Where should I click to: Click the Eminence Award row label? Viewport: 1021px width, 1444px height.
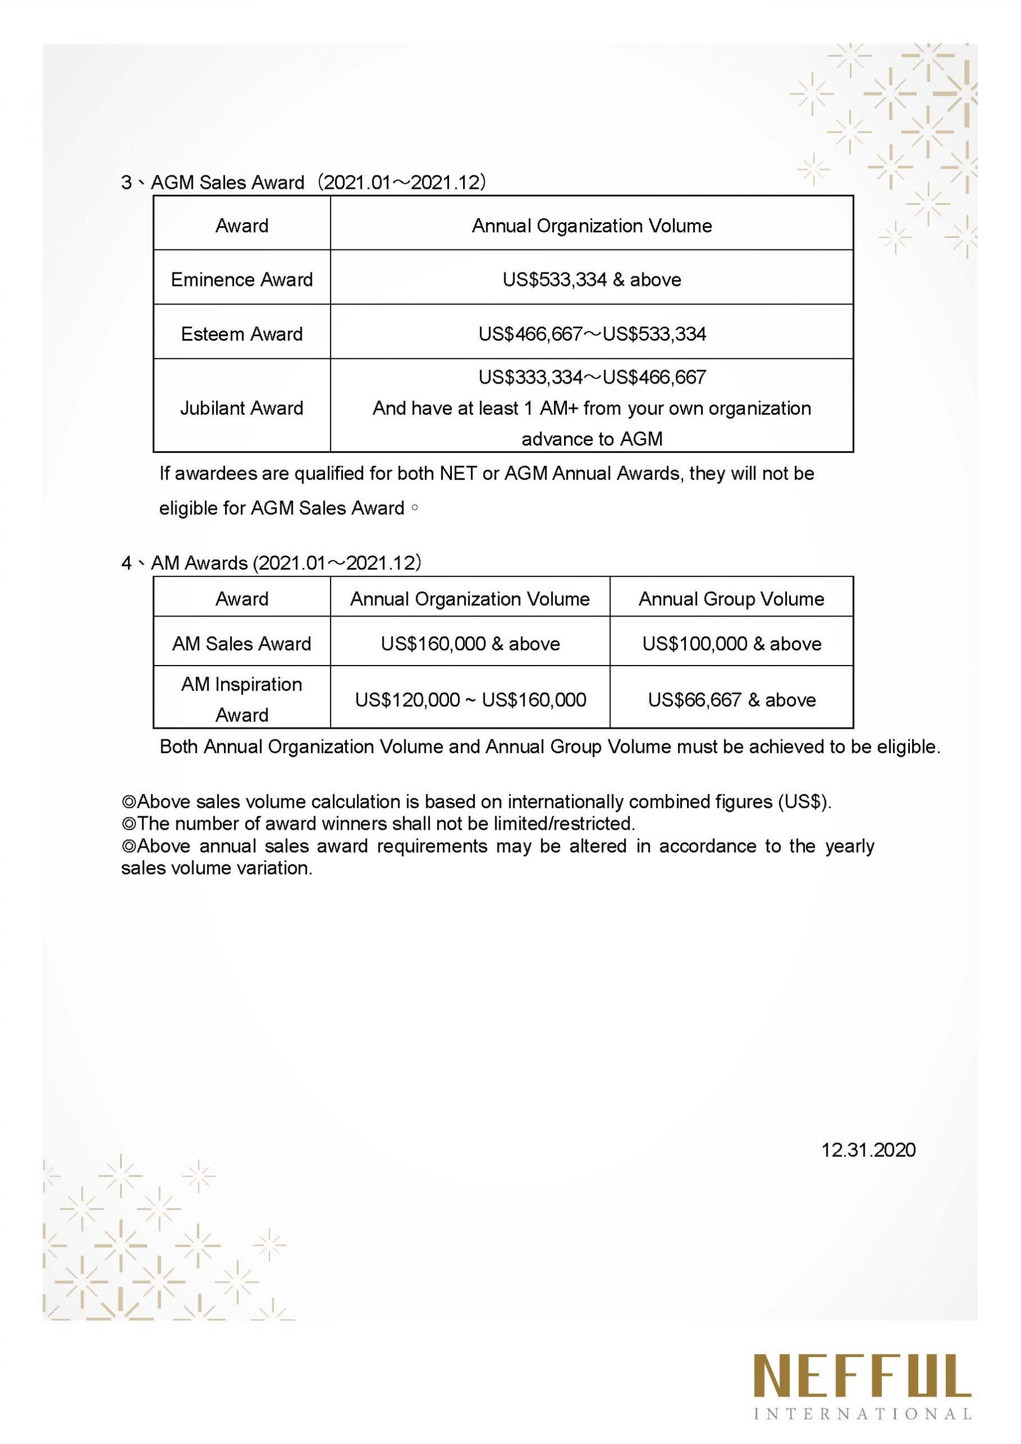coord(241,279)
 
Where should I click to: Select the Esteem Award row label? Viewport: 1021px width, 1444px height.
coord(241,333)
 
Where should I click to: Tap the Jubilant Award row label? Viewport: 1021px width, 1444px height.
coord(241,408)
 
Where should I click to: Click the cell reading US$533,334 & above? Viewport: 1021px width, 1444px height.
coord(591,279)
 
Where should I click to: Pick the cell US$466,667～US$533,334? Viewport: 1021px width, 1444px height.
coord(591,333)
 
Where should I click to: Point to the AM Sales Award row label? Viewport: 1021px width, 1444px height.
coord(241,644)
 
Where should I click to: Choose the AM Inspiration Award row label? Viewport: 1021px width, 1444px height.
coord(241,699)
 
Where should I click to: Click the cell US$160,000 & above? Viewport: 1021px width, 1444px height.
coord(470,644)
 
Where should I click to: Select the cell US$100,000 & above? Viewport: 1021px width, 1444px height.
coord(731,644)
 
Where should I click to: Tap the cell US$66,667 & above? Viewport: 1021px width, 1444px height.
coord(731,699)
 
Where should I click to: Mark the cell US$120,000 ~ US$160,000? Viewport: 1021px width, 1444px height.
coord(470,699)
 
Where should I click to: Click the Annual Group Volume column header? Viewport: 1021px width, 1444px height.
coord(731,598)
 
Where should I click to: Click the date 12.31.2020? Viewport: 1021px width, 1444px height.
coord(868,1150)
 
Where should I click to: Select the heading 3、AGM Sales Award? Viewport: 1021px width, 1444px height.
coord(214,182)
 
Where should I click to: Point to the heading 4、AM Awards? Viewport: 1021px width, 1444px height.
coord(186,562)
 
